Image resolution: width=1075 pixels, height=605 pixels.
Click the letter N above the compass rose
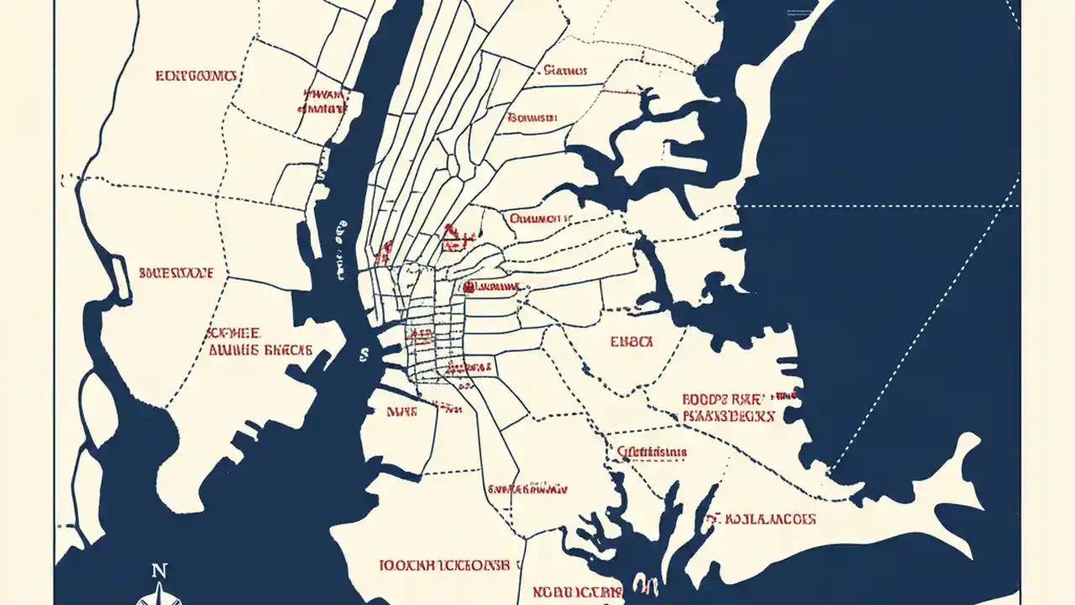pos(159,571)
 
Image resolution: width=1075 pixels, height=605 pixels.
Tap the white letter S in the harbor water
pos(364,355)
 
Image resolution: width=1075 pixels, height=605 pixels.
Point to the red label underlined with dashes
pos(652,452)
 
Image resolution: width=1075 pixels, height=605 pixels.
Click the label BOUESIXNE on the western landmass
pos(176,273)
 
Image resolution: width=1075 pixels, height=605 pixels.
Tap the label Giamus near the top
pos(565,71)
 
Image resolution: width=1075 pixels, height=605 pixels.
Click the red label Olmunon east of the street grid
pos(541,218)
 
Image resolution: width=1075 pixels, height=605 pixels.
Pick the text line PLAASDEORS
pos(728,416)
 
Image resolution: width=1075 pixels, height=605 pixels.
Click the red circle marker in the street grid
pos(467,287)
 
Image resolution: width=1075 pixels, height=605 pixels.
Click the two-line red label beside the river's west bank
pos(322,101)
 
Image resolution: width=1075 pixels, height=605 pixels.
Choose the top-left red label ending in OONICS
pos(197,76)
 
